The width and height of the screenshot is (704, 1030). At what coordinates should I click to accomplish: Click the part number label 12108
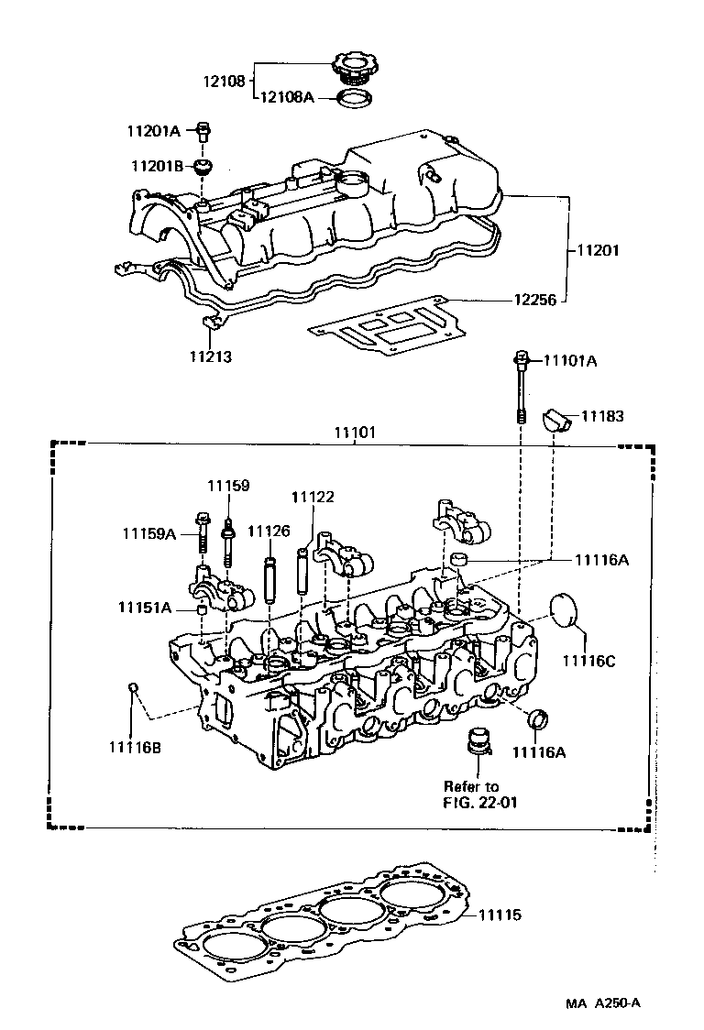tap(224, 81)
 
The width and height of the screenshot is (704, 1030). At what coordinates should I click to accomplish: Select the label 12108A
tap(288, 96)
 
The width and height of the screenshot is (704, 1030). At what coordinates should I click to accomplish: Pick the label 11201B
tap(156, 166)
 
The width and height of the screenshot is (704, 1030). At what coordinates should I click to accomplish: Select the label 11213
tap(211, 356)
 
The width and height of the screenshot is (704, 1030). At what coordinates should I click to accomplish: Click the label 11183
tap(602, 417)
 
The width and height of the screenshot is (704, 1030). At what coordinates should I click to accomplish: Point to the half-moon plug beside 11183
tap(557, 419)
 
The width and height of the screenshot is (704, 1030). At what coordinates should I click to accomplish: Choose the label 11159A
tap(149, 532)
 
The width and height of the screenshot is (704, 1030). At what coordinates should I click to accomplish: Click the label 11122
tap(313, 497)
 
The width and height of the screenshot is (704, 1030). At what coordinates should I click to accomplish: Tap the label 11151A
tap(145, 608)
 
